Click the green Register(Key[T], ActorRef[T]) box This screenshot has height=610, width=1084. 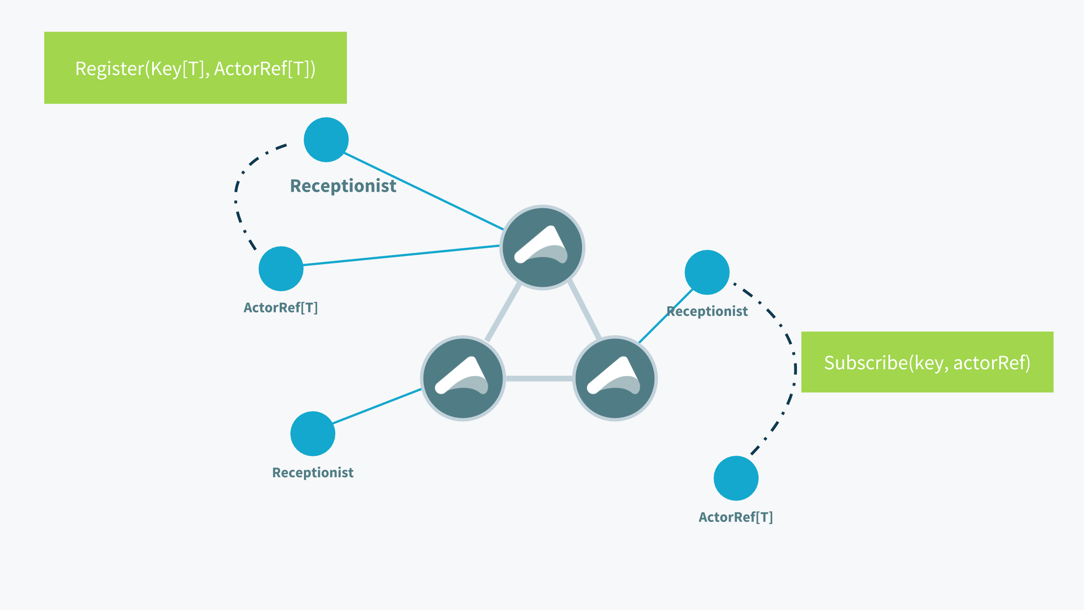[x=195, y=68]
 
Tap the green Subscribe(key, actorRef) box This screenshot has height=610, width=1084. [x=927, y=362]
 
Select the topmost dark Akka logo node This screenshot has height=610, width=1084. [x=542, y=247]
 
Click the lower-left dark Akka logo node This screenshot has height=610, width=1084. [x=463, y=378]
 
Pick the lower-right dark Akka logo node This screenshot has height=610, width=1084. [x=615, y=378]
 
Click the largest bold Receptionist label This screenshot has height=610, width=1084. [x=343, y=186]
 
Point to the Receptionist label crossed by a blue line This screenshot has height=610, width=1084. [x=707, y=311]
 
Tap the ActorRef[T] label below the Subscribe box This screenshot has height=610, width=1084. [x=736, y=517]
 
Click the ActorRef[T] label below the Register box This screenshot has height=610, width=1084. [x=281, y=308]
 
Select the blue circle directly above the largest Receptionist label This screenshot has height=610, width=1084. [x=326, y=140]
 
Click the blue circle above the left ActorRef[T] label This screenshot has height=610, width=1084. [x=281, y=269]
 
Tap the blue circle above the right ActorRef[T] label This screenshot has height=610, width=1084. [x=736, y=478]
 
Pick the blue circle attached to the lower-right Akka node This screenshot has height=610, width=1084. [x=707, y=272]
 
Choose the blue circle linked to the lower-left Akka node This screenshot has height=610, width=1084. [x=313, y=434]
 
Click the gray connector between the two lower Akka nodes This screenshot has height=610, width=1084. [x=539, y=378]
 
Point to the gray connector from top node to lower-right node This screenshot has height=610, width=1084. [x=584, y=309]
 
